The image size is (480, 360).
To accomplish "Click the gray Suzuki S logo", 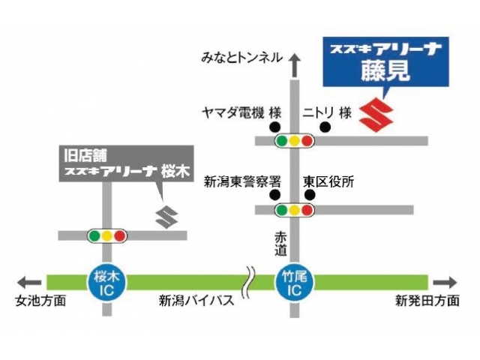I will [166, 215].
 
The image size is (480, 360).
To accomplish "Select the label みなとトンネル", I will [241, 57].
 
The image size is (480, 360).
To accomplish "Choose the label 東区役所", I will [328, 181].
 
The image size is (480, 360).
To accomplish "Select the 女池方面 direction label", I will [40, 301].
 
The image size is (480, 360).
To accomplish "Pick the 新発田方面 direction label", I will [427, 301].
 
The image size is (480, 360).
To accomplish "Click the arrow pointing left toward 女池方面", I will [30, 282].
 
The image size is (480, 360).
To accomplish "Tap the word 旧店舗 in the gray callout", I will [82, 157].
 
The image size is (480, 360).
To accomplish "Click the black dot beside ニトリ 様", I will [325, 127].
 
